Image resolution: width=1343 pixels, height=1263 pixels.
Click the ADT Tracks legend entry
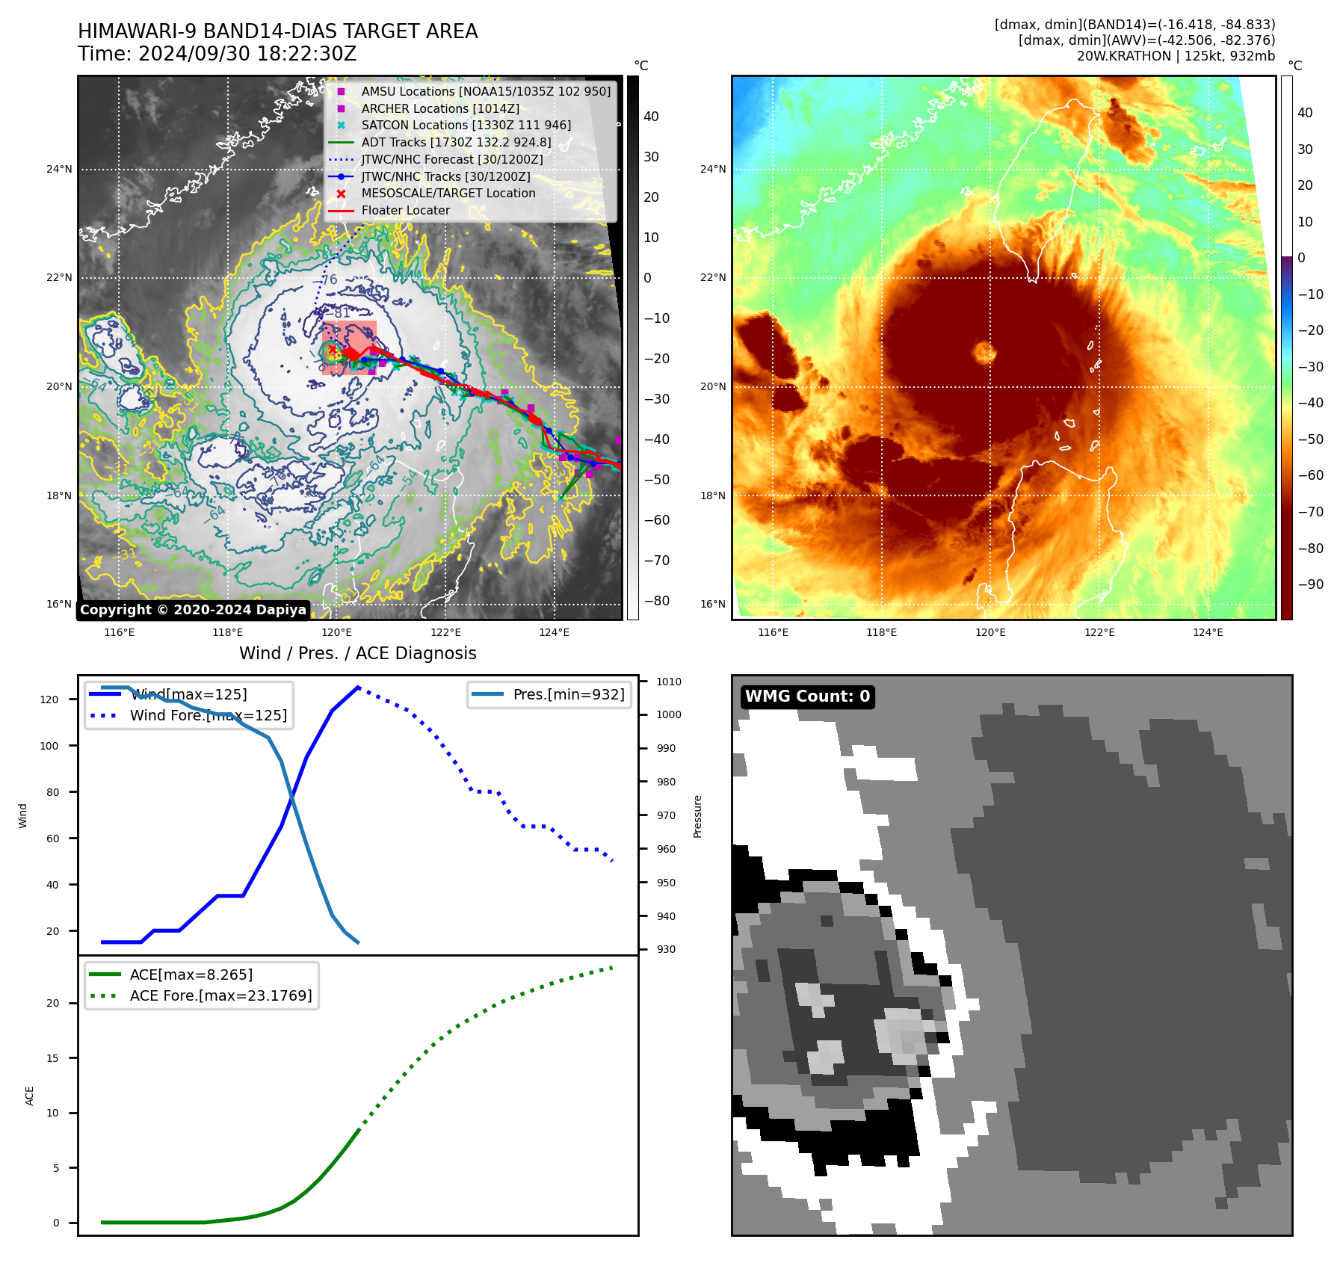click(x=456, y=142)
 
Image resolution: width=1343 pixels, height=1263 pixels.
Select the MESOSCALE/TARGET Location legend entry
click(x=448, y=193)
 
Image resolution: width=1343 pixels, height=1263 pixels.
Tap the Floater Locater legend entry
click(x=405, y=210)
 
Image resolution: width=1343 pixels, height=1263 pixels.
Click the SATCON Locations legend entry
click(x=466, y=125)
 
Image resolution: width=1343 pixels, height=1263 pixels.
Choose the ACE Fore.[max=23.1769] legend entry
click(x=220, y=995)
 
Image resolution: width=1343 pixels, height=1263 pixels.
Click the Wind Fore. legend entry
click(x=208, y=715)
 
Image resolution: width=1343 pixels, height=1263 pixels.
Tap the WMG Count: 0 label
click(x=807, y=697)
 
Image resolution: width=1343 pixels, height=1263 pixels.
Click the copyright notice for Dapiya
click(x=193, y=610)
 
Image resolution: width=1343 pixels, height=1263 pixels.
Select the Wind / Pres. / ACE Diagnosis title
click(x=357, y=653)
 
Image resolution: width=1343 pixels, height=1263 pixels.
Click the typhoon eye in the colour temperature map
click(x=984, y=351)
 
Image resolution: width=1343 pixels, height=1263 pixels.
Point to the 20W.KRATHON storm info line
click(x=1175, y=56)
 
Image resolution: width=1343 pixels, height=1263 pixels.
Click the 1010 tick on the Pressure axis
click(x=668, y=682)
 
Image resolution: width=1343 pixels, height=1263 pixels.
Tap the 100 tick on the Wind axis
click(x=49, y=746)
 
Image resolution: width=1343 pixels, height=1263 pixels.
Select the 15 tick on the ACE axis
click(x=52, y=1058)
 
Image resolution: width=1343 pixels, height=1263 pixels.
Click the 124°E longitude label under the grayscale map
click(x=554, y=632)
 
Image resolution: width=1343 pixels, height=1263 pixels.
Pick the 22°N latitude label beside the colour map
click(x=712, y=277)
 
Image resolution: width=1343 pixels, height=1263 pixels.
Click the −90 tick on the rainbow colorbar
click(x=1310, y=584)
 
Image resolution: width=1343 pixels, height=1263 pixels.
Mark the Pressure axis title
click(x=697, y=816)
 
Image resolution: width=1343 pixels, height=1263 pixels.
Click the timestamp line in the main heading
click(x=217, y=55)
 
